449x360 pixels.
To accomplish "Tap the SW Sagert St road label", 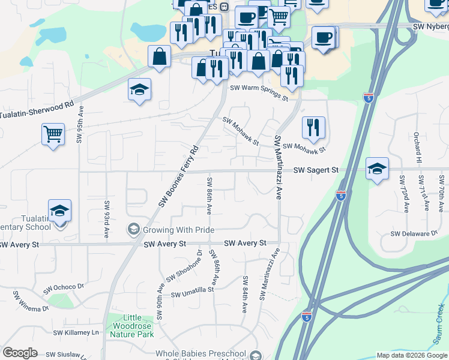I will pos(316,171).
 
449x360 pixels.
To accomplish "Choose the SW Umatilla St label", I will pos(192,292).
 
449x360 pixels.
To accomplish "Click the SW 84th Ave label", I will pos(245,295).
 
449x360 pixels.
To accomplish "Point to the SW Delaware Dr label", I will pos(414,233).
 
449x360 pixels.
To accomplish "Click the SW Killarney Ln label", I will pos(76,332).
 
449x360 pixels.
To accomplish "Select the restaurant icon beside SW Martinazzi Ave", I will pos(313,127).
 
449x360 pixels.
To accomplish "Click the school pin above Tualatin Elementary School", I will pos(60,211).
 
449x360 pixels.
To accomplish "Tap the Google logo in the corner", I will pos(20,353).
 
